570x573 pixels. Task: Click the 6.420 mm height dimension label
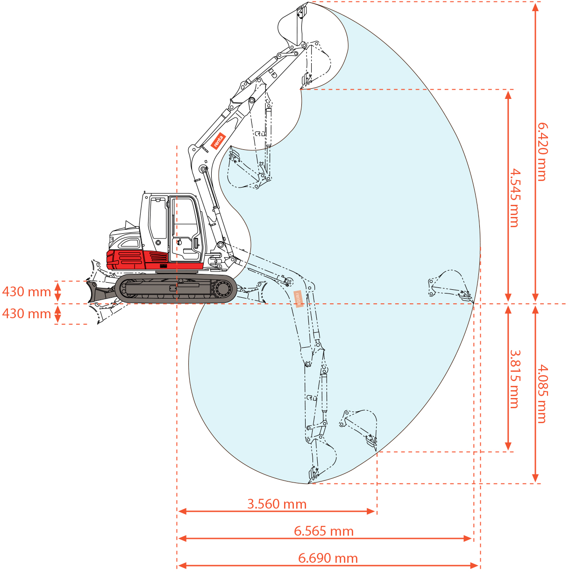[541, 152]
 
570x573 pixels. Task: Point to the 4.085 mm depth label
[541, 394]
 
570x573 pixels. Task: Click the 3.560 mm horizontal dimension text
[277, 504]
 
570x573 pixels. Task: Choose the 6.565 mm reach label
[323, 531]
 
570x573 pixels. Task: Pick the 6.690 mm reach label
[328, 558]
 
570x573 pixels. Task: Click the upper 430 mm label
[27, 292]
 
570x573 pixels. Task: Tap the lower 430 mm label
[27, 314]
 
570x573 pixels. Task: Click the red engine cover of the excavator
[135, 259]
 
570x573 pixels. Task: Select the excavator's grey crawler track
[175, 289]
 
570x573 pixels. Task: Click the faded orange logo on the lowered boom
[298, 299]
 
